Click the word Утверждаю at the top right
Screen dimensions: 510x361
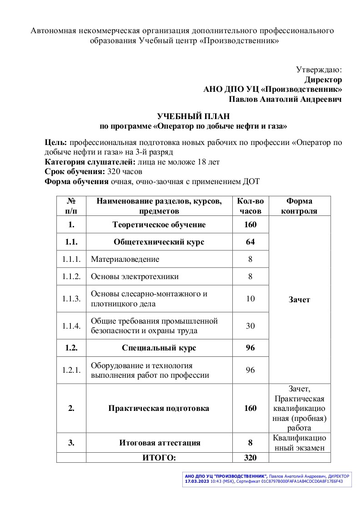click(x=318, y=70)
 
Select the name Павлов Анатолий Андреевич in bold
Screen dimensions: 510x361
click(x=285, y=99)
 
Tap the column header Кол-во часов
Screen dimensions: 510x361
click(x=251, y=205)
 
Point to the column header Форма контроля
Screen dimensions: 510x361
click(x=299, y=205)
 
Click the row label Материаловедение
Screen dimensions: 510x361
click(x=125, y=259)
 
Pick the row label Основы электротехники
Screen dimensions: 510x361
click(x=135, y=276)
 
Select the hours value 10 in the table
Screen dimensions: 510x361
click(x=251, y=299)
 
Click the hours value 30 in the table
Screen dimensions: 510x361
click(x=251, y=326)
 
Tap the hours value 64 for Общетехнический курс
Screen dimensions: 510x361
click(x=251, y=242)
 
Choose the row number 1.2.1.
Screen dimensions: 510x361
click(x=71, y=370)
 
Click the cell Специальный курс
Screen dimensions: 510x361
click(x=159, y=348)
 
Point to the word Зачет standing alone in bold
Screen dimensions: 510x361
click(x=299, y=300)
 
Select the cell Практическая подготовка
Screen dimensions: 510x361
click(x=159, y=408)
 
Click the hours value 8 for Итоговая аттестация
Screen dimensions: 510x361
click(x=251, y=443)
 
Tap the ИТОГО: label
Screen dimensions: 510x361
click(x=159, y=458)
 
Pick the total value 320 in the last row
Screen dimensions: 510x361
click(x=251, y=458)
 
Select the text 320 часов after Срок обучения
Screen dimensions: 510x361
click(x=125, y=172)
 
